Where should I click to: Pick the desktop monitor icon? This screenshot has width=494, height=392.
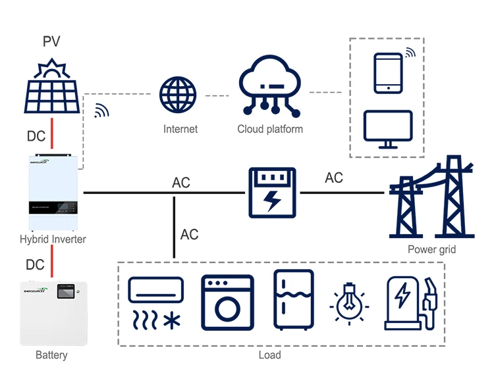point(388,129)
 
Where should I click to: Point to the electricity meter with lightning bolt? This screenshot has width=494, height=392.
point(271,193)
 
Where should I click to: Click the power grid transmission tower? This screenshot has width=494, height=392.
point(432,197)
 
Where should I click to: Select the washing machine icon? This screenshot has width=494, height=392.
point(227,302)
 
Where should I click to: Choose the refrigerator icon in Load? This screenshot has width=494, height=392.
point(292,299)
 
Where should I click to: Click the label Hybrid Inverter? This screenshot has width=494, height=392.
point(53,239)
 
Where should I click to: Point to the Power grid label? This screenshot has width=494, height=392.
point(431,249)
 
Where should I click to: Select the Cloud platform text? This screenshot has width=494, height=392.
point(270,129)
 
